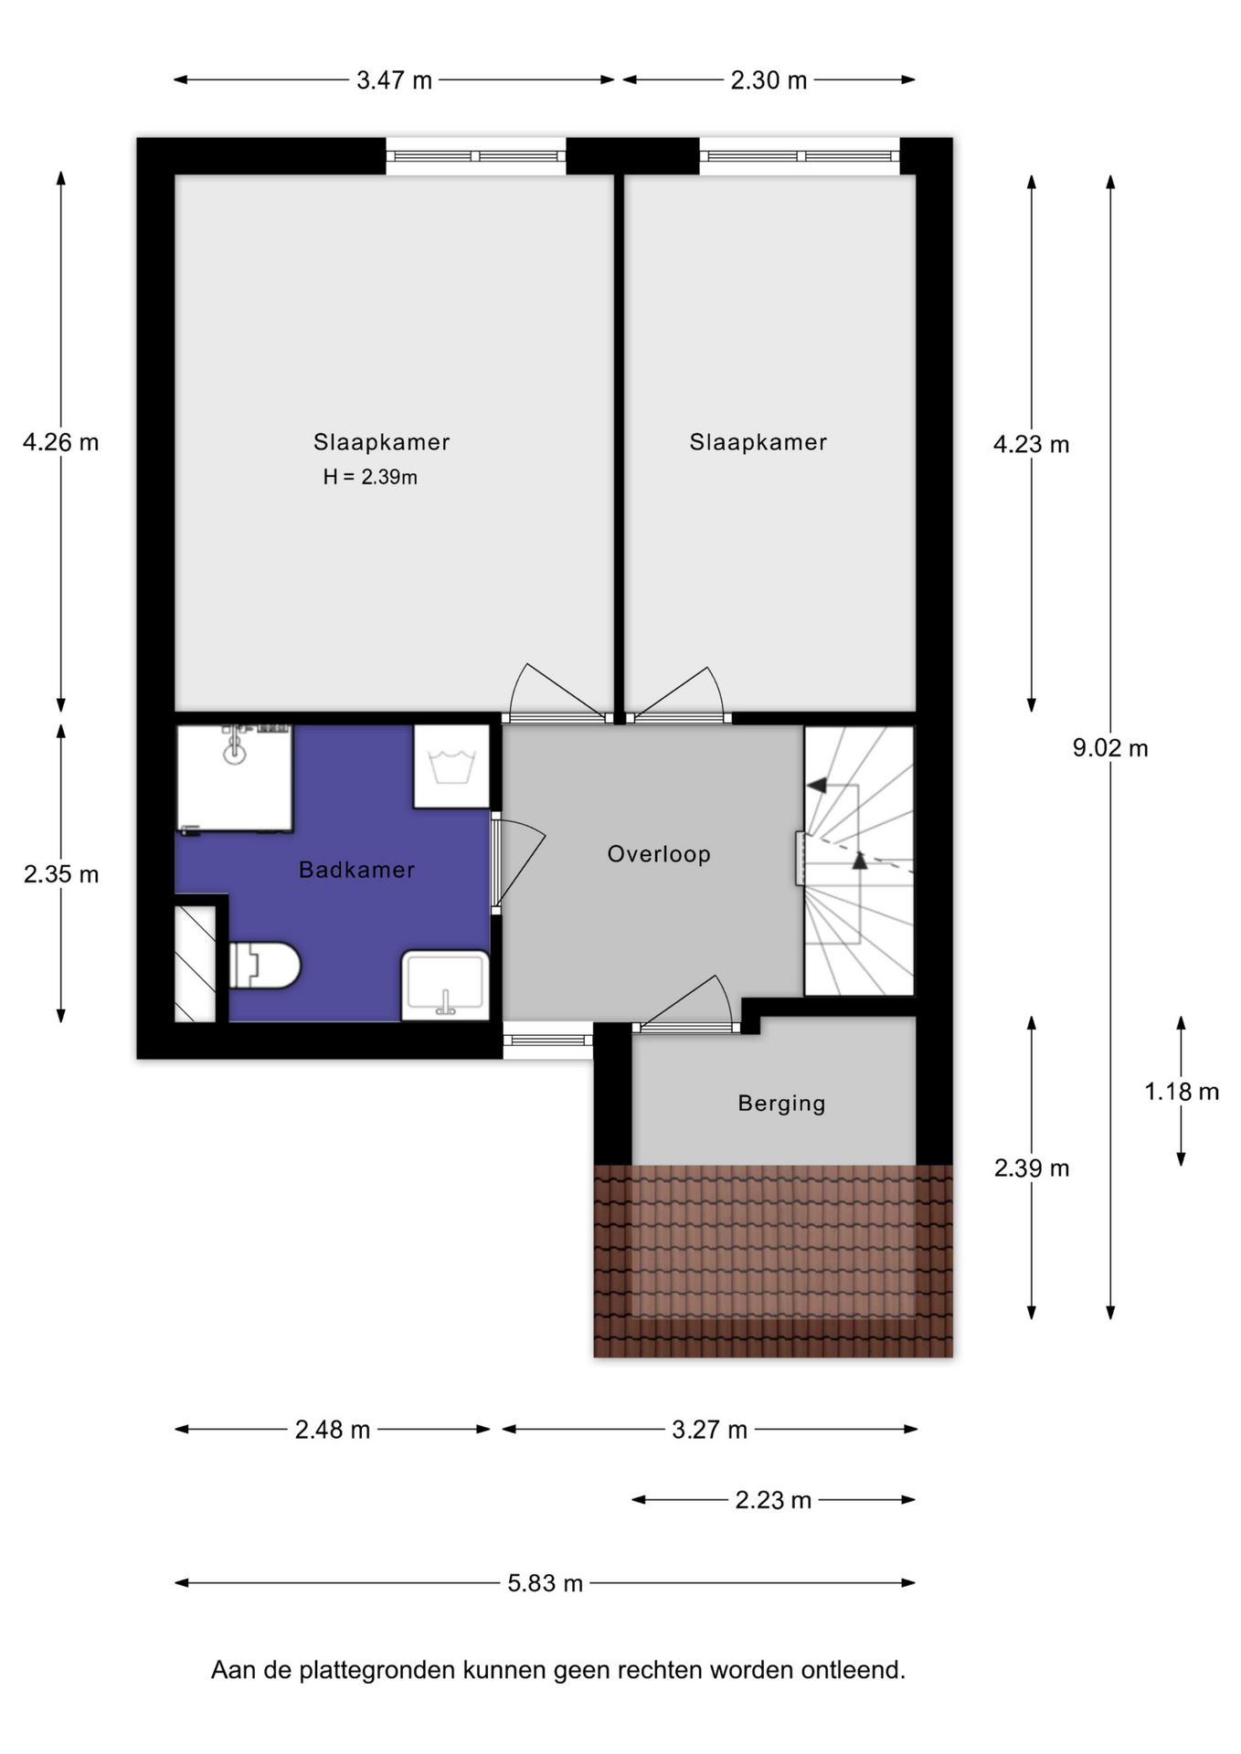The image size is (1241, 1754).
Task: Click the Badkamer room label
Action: click(356, 870)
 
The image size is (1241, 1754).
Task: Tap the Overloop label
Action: click(659, 854)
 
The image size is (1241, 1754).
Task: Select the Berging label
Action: click(781, 1104)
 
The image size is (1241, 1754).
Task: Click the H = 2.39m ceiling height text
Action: click(370, 477)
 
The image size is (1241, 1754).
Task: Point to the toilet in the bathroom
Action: click(264, 965)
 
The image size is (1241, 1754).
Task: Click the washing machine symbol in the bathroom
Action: click(451, 766)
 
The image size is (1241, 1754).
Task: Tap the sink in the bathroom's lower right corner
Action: click(446, 986)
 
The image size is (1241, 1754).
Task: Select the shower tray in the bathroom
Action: click(234, 778)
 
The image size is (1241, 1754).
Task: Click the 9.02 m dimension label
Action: click(1110, 748)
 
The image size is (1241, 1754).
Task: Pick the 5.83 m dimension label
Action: click(546, 1583)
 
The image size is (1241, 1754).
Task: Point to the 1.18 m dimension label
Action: click(1182, 1092)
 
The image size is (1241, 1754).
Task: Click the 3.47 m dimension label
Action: click(394, 80)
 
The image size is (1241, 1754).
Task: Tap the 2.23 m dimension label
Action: click(773, 1500)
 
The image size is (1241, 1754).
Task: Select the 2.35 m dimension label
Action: click(61, 874)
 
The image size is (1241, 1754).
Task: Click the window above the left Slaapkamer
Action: click(476, 156)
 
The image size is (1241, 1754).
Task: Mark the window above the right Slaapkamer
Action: click(801, 156)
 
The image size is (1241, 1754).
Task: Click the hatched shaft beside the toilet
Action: click(195, 964)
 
